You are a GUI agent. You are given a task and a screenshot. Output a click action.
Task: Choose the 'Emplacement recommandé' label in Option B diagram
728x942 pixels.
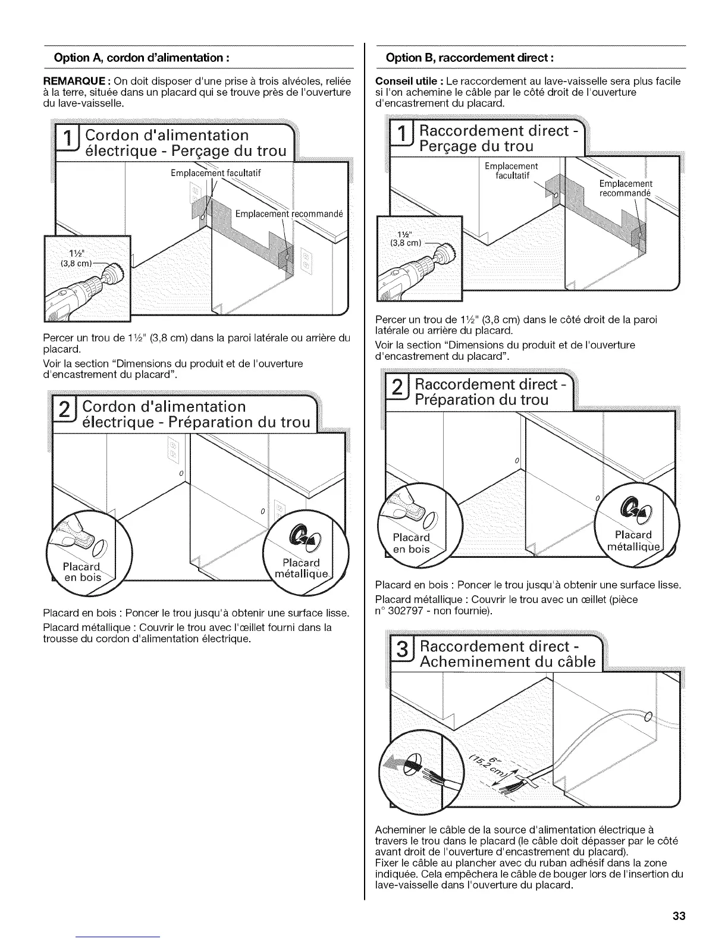point(625,188)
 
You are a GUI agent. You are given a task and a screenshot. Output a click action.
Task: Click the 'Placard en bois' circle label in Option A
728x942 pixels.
point(83,570)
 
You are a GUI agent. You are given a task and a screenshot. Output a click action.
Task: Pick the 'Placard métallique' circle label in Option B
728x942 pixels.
point(633,541)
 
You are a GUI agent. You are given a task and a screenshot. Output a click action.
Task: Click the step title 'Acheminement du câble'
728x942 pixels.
point(507,662)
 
